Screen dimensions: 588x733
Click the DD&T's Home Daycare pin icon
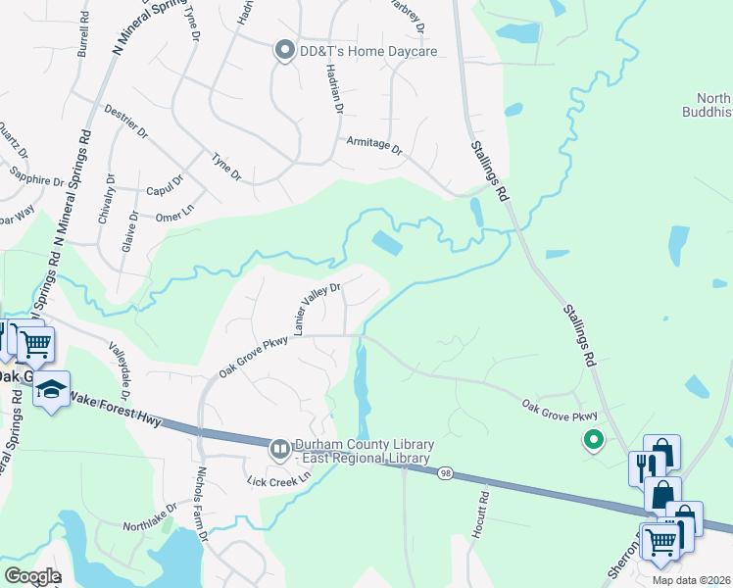click(285, 51)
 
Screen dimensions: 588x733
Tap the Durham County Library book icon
click(280, 450)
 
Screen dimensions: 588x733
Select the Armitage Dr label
click(374, 144)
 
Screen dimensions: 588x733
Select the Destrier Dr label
click(125, 122)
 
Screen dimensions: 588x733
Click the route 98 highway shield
click(444, 473)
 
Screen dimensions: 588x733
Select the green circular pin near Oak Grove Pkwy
click(592, 441)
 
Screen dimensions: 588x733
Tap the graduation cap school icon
click(51, 390)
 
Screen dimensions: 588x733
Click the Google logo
click(31, 576)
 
